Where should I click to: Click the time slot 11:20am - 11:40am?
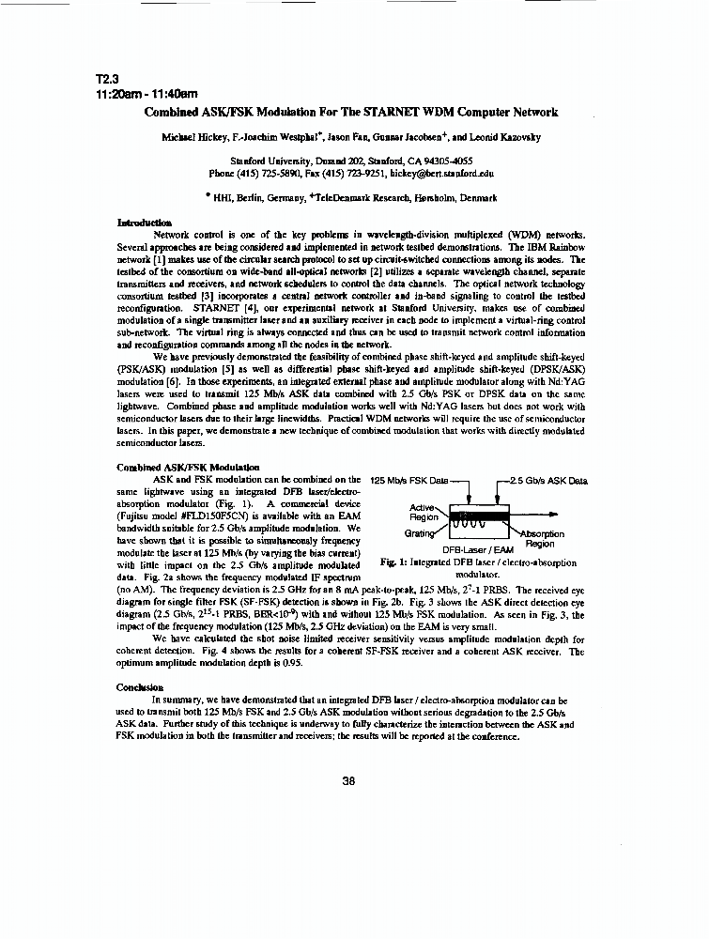click(x=146, y=95)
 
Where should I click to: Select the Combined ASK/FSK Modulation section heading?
click(x=188, y=467)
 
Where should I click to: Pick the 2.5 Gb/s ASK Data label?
click(x=548, y=481)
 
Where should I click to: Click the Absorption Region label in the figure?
click(x=541, y=538)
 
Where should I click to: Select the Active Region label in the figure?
click(x=424, y=512)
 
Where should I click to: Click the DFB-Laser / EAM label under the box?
click(x=477, y=550)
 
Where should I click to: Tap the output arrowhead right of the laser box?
click(x=559, y=516)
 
